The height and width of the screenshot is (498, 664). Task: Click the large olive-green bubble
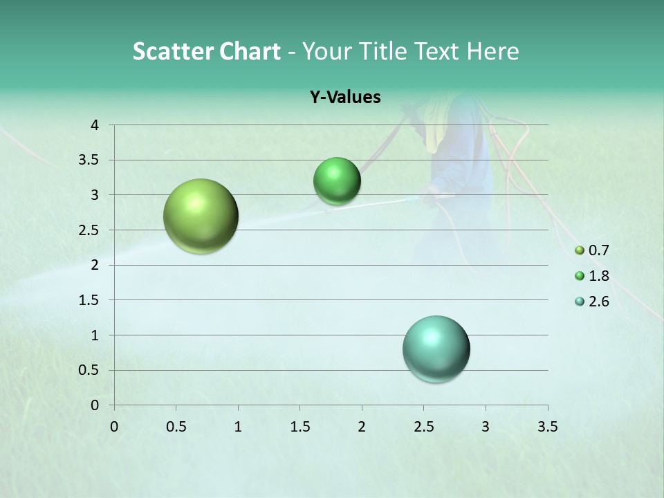[x=201, y=216]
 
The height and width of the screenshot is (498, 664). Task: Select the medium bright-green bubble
[x=337, y=181]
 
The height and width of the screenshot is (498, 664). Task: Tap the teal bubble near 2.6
[x=436, y=349]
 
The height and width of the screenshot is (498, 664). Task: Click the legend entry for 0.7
[x=592, y=250]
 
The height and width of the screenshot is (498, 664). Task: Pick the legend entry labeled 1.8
[x=592, y=276]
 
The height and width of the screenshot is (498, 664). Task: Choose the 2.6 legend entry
[x=592, y=302]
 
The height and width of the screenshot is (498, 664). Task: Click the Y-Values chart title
[x=345, y=98]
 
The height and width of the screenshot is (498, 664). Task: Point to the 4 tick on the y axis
[x=95, y=125]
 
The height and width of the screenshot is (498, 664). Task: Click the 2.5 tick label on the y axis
[x=89, y=230]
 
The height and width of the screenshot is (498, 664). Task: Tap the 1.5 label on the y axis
[x=89, y=300]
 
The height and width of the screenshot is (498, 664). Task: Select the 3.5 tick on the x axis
[x=547, y=426]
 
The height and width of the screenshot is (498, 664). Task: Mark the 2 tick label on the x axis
[x=361, y=426]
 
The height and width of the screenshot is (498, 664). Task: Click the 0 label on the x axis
[x=114, y=426]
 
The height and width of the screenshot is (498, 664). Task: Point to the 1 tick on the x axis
[x=238, y=426]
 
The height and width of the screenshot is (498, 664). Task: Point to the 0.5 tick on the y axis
[x=89, y=370]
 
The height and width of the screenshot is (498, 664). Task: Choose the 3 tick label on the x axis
[x=486, y=426]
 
